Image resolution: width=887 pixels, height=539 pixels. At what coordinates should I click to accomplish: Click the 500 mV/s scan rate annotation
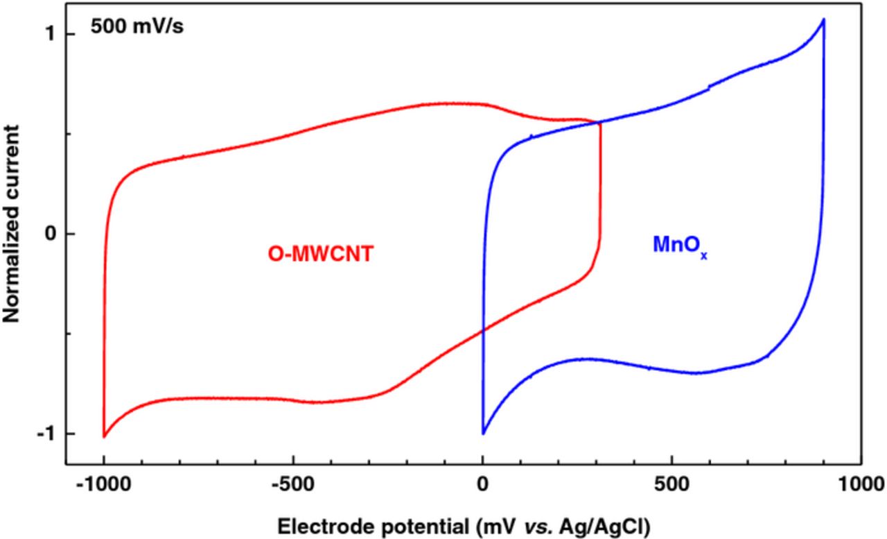tap(137, 29)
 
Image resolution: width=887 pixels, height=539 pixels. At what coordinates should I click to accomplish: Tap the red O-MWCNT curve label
tap(321, 255)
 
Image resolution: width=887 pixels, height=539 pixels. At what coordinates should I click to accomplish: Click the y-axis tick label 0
tap(50, 234)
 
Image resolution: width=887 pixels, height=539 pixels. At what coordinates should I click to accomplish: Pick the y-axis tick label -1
tap(46, 433)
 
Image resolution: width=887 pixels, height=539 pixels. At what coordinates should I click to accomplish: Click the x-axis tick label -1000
tap(103, 484)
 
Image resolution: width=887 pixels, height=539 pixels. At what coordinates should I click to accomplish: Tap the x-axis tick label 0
tap(482, 484)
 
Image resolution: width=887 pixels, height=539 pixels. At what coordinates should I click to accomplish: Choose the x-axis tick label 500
tap(671, 484)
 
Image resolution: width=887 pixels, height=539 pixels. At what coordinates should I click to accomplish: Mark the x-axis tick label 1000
tap(861, 484)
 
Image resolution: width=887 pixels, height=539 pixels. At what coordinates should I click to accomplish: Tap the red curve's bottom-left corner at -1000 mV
tap(104, 436)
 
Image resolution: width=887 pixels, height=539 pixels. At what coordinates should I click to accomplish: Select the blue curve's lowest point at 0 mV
tap(483, 434)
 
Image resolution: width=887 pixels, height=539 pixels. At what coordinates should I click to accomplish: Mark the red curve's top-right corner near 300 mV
tap(599, 123)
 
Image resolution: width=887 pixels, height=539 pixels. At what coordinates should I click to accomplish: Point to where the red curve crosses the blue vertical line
tap(483, 330)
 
